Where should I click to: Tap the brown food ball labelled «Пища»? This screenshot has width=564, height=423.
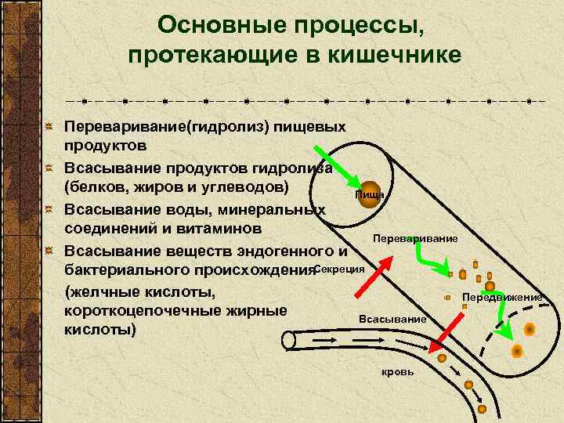click(x=368, y=196)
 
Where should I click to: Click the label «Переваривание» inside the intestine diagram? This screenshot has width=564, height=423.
click(x=416, y=237)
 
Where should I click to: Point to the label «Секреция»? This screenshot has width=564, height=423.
click(x=340, y=268)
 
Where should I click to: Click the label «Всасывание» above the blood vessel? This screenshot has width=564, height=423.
click(x=392, y=319)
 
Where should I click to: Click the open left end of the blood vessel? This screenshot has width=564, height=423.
click(x=289, y=340)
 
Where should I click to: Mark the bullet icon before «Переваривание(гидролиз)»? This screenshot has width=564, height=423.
click(x=49, y=126)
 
